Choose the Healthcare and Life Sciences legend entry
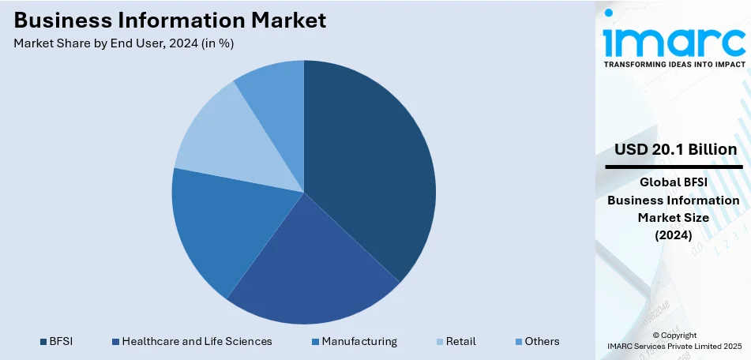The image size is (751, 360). pyautogui.click(x=197, y=341)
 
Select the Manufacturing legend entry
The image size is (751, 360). pyautogui.click(x=359, y=341)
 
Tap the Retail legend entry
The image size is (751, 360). pyautogui.click(x=460, y=341)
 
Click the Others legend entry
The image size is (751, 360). pyautogui.click(x=541, y=341)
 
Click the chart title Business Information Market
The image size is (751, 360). pyautogui.click(x=170, y=21)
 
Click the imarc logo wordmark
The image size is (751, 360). pyautogui.click(x=674, y=36)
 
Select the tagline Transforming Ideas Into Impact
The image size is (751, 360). pyautogui.click(x=674, y=64)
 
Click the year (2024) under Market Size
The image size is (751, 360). pyautogui.click(x=674, y=234)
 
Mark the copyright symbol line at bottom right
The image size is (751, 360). pyautogui.click(x=674, y=336)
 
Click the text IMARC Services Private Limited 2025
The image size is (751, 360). pyautogui.click(x=674, y=347)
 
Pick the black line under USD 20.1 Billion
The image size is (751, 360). pyautogui.click(x=674, y=167)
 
